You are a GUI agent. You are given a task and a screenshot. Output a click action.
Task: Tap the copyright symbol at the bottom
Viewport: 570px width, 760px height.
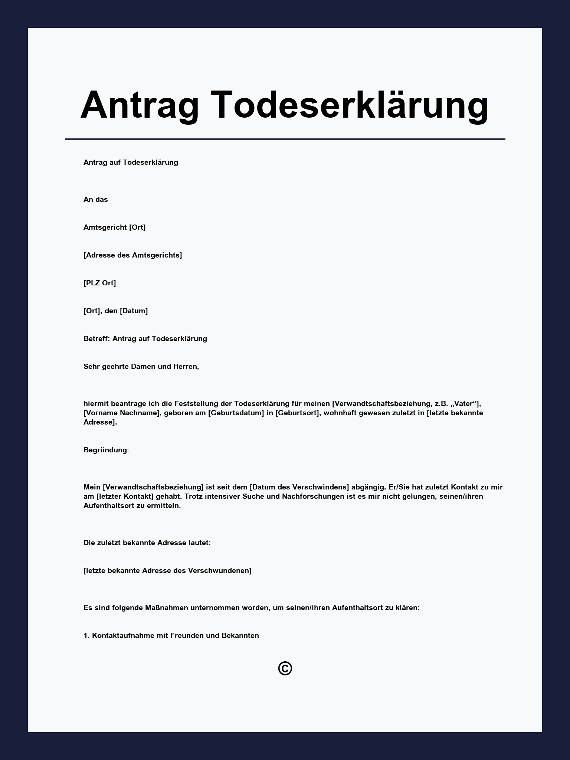tap(285, 668)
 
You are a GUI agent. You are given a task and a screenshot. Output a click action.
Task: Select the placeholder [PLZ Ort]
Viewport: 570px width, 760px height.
tap(99, 283)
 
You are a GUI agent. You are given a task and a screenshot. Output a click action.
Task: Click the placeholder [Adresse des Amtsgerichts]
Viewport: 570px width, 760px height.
tap(132, 255)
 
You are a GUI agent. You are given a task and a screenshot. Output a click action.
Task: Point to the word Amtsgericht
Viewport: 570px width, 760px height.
tap(105, 227)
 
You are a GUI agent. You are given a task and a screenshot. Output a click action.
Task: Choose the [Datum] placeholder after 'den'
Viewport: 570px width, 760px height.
tap(134, 311)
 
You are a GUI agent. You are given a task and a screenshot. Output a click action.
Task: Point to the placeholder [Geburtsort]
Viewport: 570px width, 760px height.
tap(297, 413)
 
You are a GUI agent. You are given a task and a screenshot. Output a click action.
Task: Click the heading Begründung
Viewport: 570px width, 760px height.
tap(106, 450)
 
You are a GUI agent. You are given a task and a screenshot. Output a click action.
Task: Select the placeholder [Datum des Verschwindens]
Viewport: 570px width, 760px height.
tap(299, 487)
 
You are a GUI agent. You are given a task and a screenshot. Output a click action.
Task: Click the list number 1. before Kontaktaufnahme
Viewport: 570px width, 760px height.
tap(87, 635)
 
